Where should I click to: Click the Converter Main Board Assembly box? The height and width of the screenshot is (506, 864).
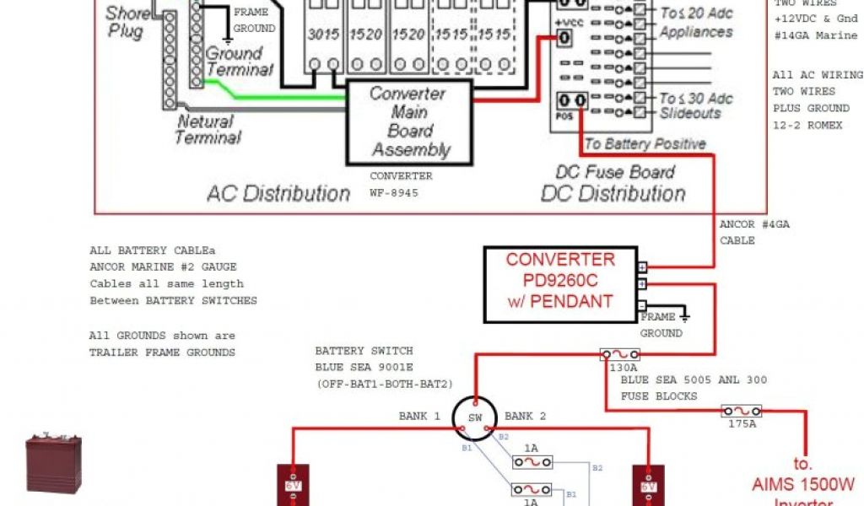tap(409, 122)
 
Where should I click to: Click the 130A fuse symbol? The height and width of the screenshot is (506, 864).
tap(619, 354)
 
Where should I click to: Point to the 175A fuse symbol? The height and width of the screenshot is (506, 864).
tap(742, 411)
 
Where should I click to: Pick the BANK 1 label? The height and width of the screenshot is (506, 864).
tap(419, 416)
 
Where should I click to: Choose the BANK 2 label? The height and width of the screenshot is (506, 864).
tap(526, 416)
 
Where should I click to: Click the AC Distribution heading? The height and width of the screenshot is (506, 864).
tap(278, 193)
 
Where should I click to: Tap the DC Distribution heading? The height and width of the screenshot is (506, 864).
tap(613, 193)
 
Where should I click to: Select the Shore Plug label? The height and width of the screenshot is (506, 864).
tap(126, 22)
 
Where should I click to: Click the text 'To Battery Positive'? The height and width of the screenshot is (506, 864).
tap(645, 143)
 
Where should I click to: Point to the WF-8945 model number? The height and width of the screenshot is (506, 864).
tap(394, 193)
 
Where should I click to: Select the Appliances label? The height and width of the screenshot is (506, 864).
tap(696, 32)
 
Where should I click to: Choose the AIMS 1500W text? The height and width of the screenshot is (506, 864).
tap(803, 484)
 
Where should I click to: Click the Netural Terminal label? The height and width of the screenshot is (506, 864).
tap(208, 129)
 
